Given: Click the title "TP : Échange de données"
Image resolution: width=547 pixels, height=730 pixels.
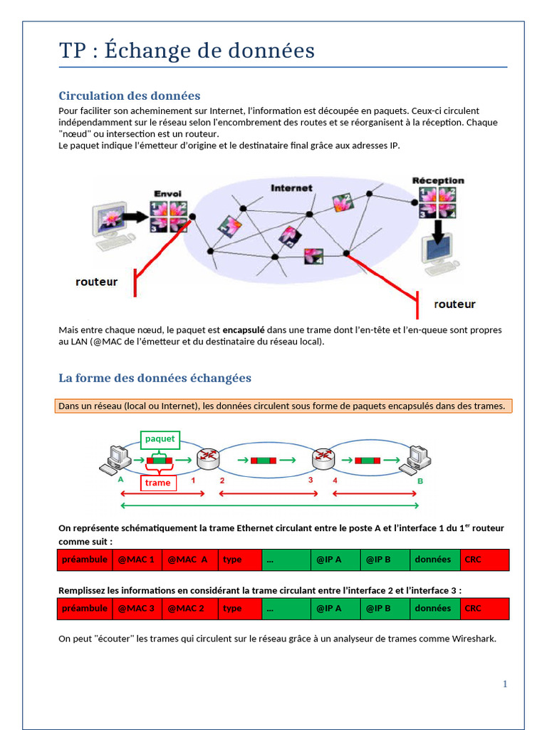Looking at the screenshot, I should [187, 51].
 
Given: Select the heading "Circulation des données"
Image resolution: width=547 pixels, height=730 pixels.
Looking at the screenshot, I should [129, 96].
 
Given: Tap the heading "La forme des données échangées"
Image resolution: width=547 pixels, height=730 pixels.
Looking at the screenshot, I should [155, 378].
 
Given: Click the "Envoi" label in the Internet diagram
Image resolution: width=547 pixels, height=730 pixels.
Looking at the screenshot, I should [168, 194].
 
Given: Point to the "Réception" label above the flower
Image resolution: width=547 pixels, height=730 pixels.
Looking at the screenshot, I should [438, 181].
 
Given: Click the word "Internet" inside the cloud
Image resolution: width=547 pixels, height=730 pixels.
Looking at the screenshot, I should [291, 188].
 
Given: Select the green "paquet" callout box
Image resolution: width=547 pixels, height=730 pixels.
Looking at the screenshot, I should [160, 439].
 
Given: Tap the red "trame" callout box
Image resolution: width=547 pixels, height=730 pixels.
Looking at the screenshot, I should [157, 483].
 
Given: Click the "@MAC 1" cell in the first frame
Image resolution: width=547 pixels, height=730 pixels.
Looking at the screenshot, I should [136, 560].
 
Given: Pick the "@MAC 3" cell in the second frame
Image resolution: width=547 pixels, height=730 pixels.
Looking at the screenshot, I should [136, 609].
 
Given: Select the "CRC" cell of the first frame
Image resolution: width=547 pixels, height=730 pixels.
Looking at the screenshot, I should [484, 560].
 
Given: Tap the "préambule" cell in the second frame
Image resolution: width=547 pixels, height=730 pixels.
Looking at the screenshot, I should [85, 609].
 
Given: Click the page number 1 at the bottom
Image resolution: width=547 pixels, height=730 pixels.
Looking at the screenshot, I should [505, 684].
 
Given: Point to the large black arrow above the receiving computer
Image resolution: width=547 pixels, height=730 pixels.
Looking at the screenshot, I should [439, 230].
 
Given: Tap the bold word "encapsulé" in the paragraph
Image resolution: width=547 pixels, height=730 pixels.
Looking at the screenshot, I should [244, 330].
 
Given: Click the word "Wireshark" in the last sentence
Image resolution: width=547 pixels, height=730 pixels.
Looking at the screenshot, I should [473, 639].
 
